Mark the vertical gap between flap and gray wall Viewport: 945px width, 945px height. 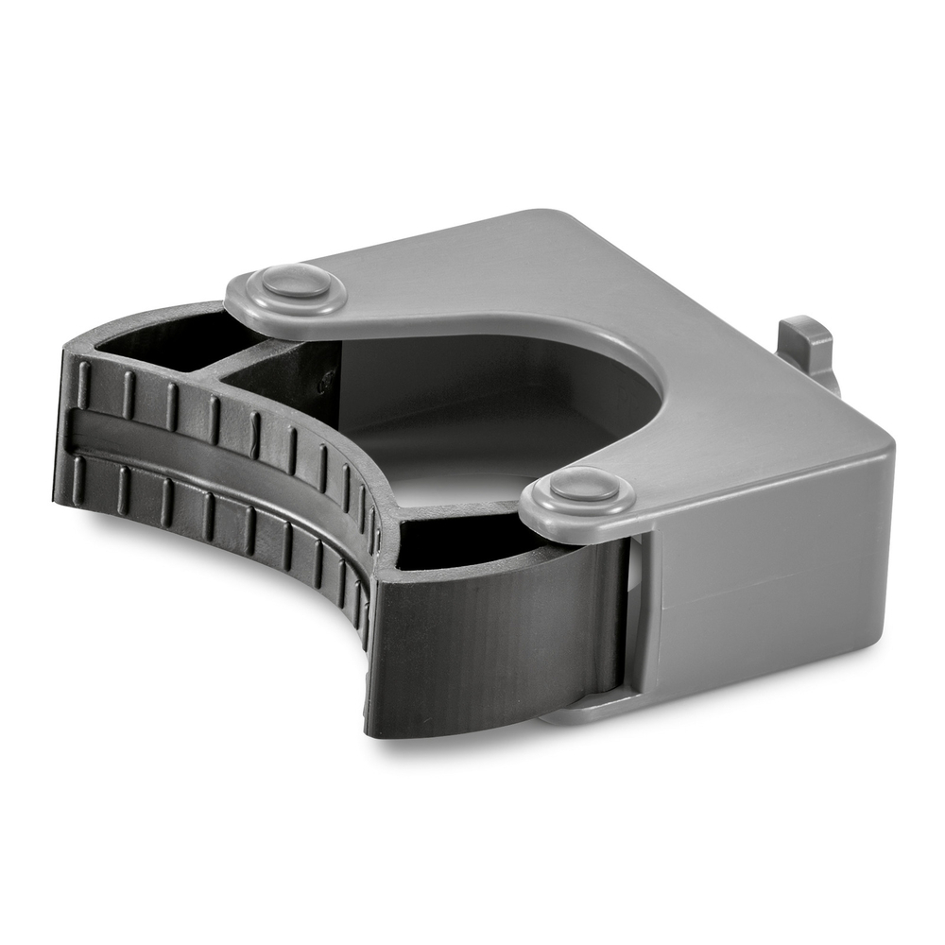635,614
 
